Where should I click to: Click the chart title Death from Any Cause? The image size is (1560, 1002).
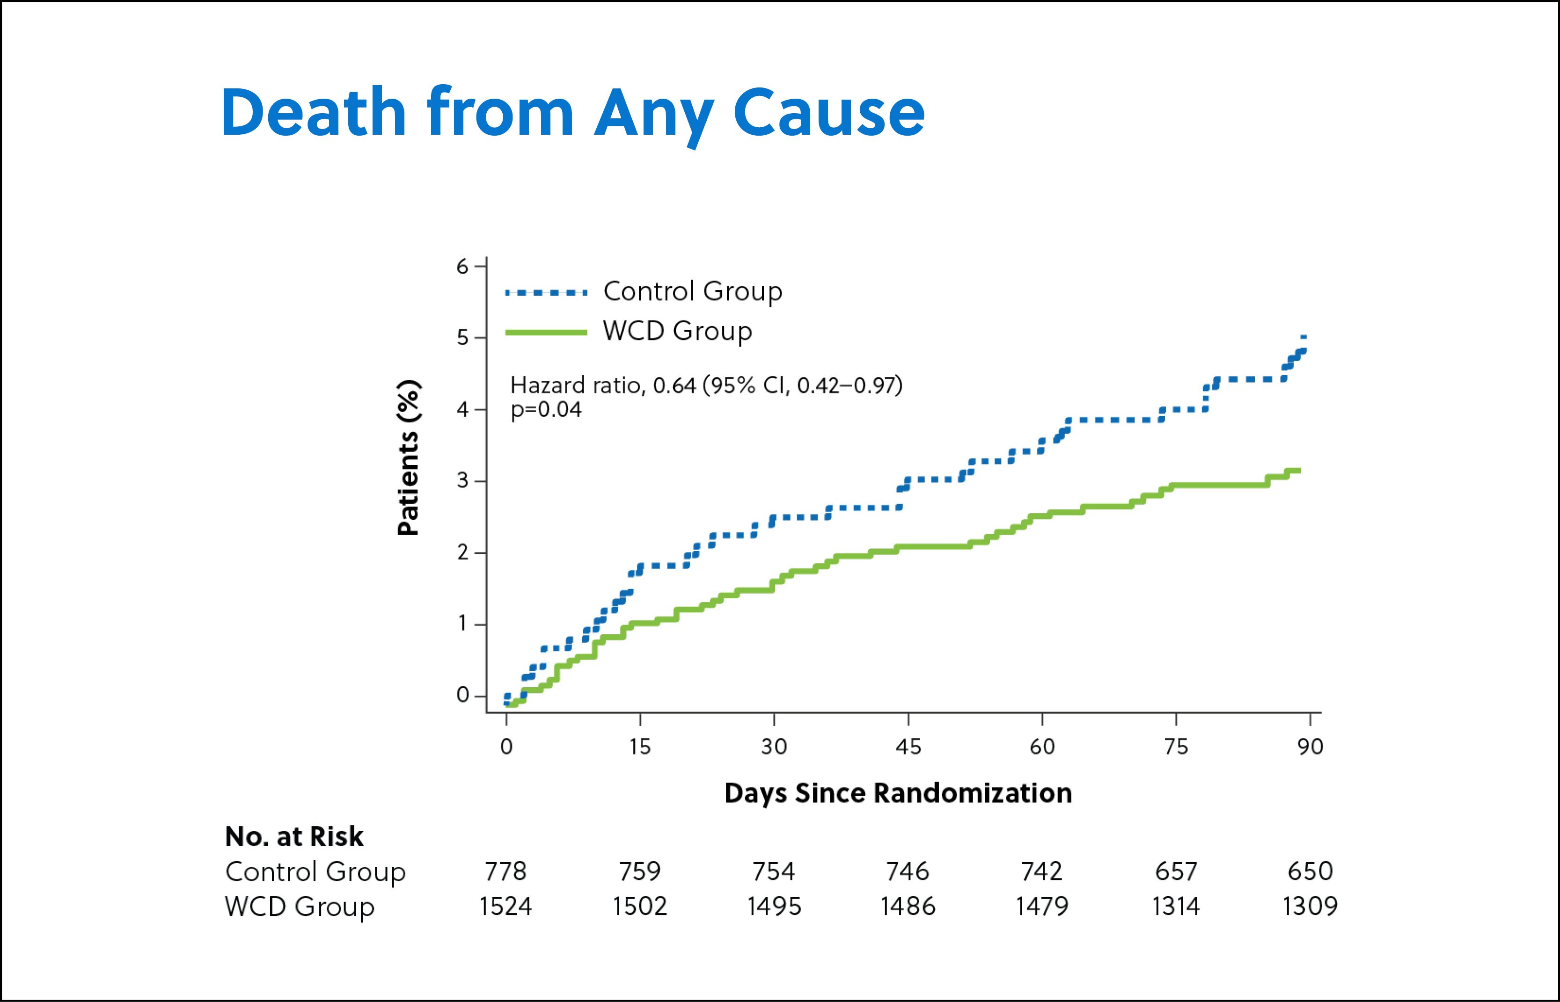tap(573, 113)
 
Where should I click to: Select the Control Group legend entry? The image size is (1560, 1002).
tap(692, 291)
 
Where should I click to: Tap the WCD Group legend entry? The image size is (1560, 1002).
tap(677, 331)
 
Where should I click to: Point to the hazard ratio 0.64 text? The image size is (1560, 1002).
tap(706, 386)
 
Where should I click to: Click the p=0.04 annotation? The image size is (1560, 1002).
tap(546, 410)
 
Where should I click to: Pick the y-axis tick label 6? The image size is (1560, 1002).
tap(462, 267)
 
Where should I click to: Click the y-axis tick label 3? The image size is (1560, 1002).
tap(462, 481)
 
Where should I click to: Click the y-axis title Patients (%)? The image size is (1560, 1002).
tap(409, 458)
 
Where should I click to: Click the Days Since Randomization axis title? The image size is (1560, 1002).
tap(898, 794)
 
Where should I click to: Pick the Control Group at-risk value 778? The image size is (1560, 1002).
tap(505, 871)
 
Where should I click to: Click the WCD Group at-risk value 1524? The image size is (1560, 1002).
tap(505, 907)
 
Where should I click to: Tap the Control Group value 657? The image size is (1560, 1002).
tap(1175, 871)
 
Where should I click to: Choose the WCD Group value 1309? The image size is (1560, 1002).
tap(1310, 907)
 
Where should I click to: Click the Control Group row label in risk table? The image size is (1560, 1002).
tap(315, 872)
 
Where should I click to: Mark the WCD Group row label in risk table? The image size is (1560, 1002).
tap(300, 907)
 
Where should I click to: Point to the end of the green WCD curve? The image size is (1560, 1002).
tap(1298, 471)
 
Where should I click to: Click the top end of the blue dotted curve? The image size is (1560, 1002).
tap(1304, 337)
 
